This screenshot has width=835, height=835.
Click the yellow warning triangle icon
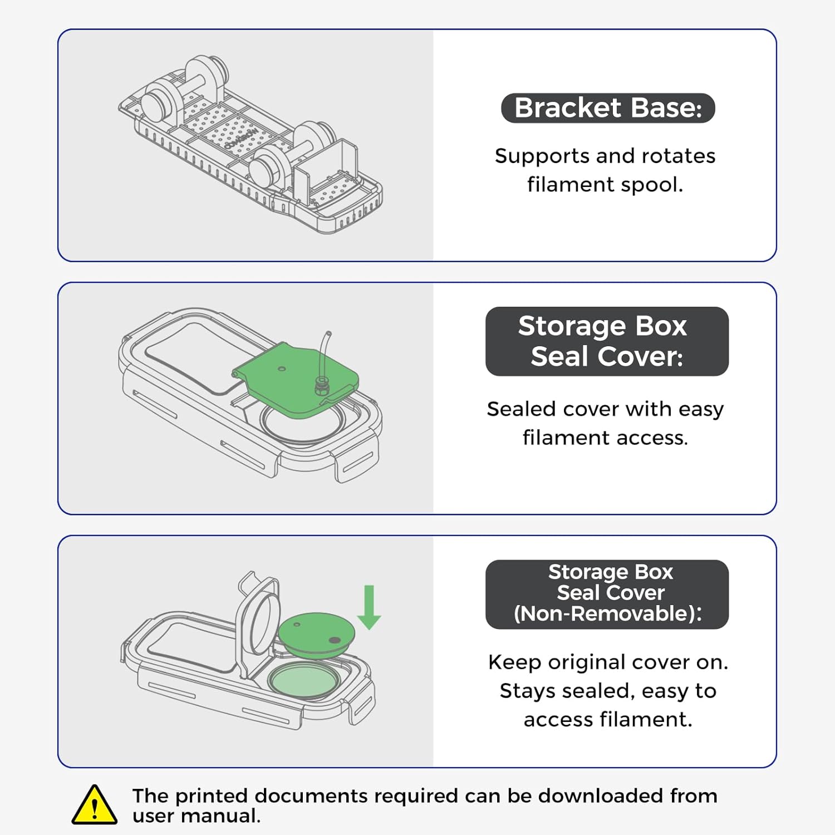tap(95, 805)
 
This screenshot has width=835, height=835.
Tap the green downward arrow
tap(369, 607)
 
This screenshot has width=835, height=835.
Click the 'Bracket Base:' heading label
tap(608, 108)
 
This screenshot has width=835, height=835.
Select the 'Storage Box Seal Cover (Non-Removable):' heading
tap(607, 593)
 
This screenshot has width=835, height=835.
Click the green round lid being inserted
tap(316, 630)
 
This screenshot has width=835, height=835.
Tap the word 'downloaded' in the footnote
tap(600, 795)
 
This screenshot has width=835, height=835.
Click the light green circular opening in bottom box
tap(303, 680)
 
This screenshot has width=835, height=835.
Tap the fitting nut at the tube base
tap(321, 385)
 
